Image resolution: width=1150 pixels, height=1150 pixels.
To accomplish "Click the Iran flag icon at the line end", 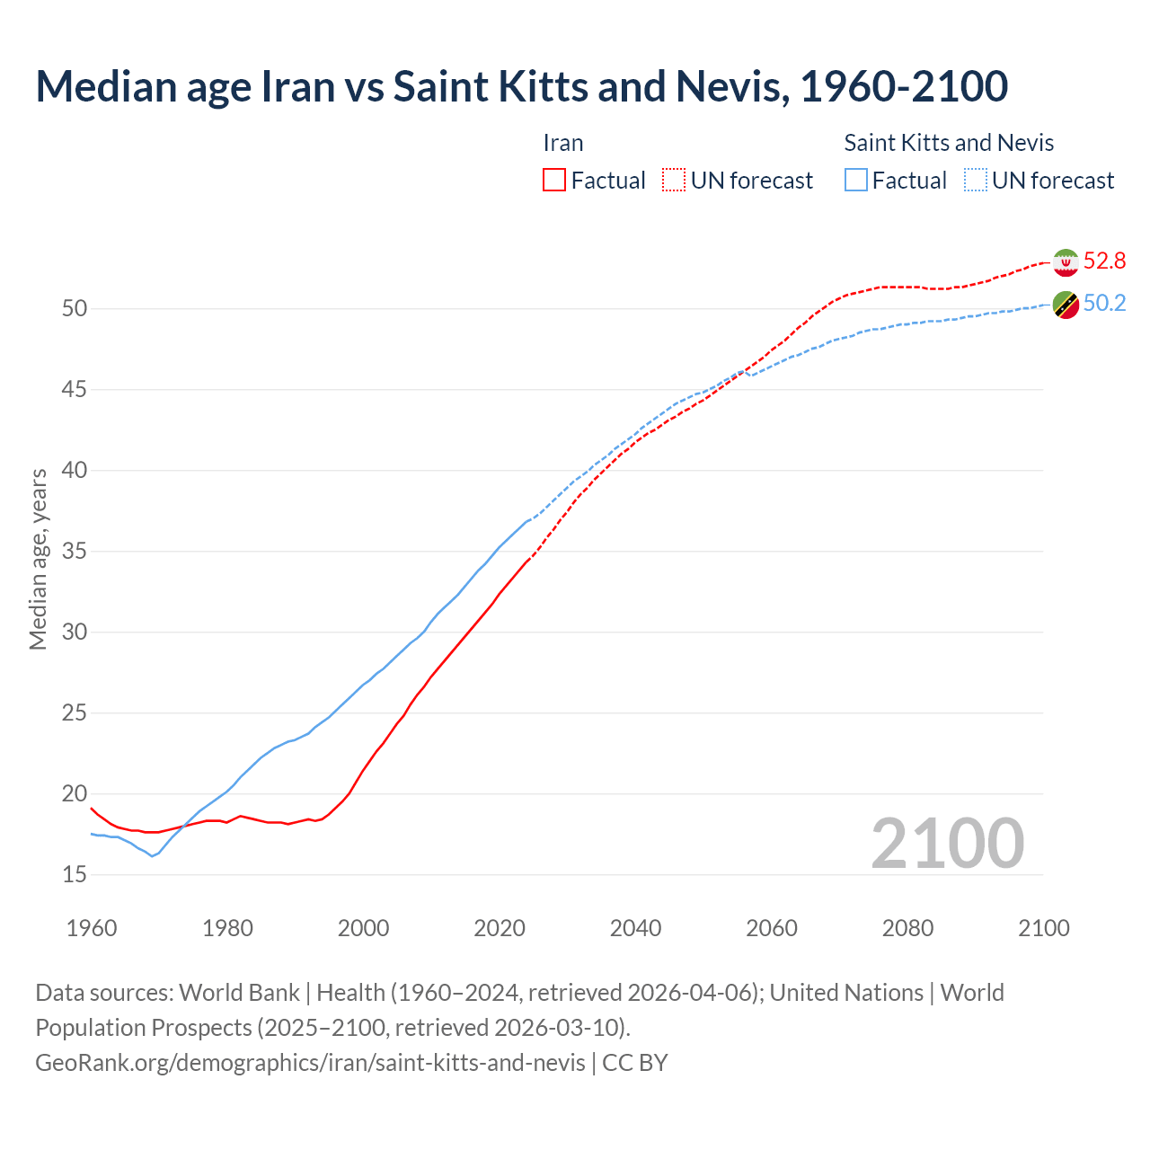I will [1066, 262].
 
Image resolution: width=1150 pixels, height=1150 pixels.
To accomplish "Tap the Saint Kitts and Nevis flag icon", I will [1066, 305].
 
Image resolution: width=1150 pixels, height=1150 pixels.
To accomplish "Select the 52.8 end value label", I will [1104, 261].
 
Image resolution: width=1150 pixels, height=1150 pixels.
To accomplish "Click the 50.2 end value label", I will [1104, 304].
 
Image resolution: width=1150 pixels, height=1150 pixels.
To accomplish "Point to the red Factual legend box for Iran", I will [554, 181].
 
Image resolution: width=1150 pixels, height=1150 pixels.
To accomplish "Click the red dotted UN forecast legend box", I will [674, 181].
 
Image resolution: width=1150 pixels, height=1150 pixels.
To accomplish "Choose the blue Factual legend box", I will [856, 181].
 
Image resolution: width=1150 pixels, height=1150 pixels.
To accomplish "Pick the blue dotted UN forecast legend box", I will [976, 181].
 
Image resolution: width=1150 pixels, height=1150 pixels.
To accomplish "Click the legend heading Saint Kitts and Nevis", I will [949, 143].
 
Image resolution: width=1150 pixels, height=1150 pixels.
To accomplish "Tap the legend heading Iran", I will [563, 143].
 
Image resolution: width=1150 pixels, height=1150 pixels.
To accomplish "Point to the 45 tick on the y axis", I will [75, 390].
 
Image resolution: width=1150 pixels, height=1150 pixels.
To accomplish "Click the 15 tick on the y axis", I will [75, 875].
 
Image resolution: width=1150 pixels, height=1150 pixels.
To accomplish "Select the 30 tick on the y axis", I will [75, 632].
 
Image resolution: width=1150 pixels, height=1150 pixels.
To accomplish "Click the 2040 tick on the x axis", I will [635, 928].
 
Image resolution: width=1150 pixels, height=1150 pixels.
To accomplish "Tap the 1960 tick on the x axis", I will [92, 928].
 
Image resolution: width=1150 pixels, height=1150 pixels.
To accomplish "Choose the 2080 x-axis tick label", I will [907, 928].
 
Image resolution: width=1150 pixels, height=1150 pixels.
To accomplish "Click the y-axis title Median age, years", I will [38, 559].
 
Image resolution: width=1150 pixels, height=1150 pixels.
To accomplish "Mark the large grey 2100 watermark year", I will [948, 844].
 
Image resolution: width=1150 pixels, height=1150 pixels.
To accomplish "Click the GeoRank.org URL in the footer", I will [310, 1063].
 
